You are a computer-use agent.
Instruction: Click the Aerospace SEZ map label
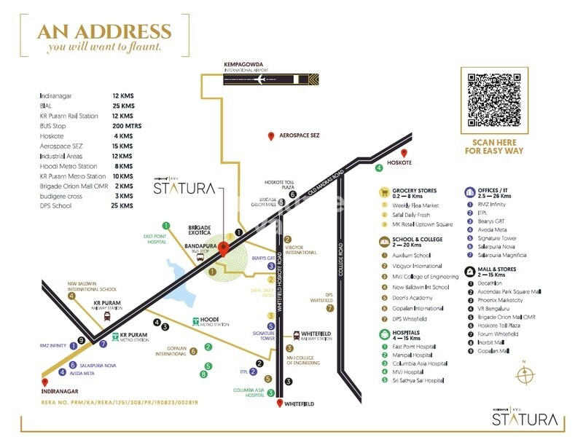[x=300, y=136]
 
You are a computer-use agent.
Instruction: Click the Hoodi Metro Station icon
[x=195, y=321]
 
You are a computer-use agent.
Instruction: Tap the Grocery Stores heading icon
[x=384, y=192]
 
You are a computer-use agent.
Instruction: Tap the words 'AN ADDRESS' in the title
[x=105, y=32]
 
